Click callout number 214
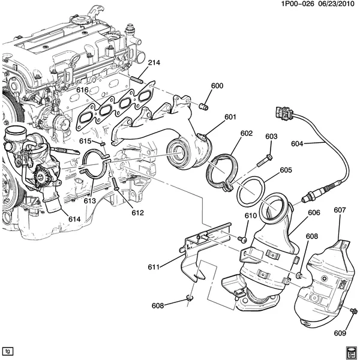154,62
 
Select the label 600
217,86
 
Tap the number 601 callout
230,118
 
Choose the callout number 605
286,170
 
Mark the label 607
340,210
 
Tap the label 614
74,219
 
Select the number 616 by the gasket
82,90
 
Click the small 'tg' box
8,350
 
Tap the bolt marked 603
265,161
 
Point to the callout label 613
90,201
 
